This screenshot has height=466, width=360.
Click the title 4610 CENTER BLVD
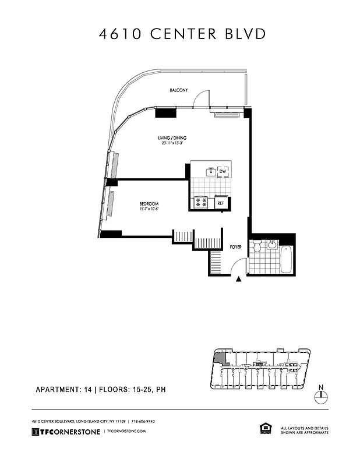182,34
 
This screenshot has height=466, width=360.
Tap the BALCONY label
178,91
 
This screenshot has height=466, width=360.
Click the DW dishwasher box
222,171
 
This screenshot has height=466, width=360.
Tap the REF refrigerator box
221,203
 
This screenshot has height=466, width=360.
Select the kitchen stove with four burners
202,203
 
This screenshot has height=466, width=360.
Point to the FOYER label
235,246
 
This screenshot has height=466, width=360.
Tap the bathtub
286,260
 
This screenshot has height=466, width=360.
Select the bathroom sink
271,245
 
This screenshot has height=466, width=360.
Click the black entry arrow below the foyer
239,280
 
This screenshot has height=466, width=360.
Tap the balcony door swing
201,100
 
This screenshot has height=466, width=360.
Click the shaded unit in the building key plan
220,358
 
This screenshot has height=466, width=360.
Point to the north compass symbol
320,396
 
